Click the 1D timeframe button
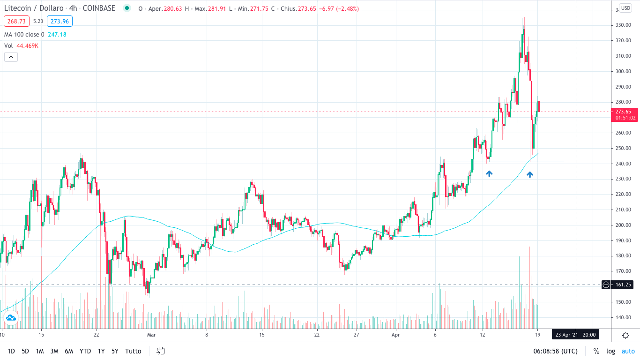[x=11, y=351]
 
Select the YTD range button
[x=85, y=351]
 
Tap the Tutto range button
[x=133, y=351]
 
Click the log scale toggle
[x=610, y=351]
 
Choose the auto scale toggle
[x=628, y=351]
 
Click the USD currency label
[x=625, y=8]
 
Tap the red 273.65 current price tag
[x=623, y=112]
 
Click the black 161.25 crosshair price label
[x=623, y=285]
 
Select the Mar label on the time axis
[x=151, y=335]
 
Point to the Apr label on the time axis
[x=396, y=335]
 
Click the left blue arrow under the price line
[x=489, y=173]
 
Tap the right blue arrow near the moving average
[x=530, y=174]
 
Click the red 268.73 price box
[x=16, y=21]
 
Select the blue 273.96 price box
[x=60, y=21]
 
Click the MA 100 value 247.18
[x=57, y=34]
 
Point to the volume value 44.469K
[x=27, y=45]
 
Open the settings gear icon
[x=625, y=335]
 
